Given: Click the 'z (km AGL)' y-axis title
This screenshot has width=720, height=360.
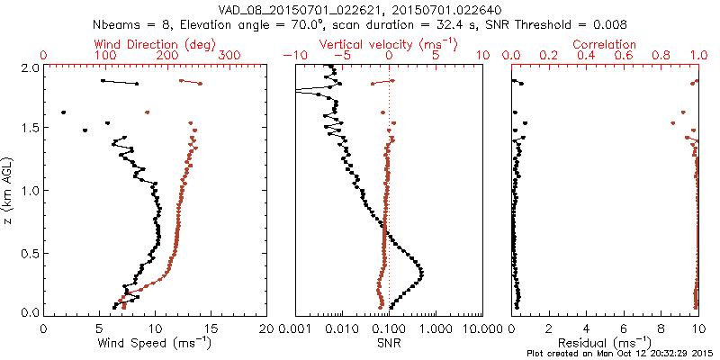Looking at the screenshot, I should coord(8,190).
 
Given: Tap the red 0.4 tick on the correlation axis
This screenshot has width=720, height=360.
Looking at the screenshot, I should coord(587,56).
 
